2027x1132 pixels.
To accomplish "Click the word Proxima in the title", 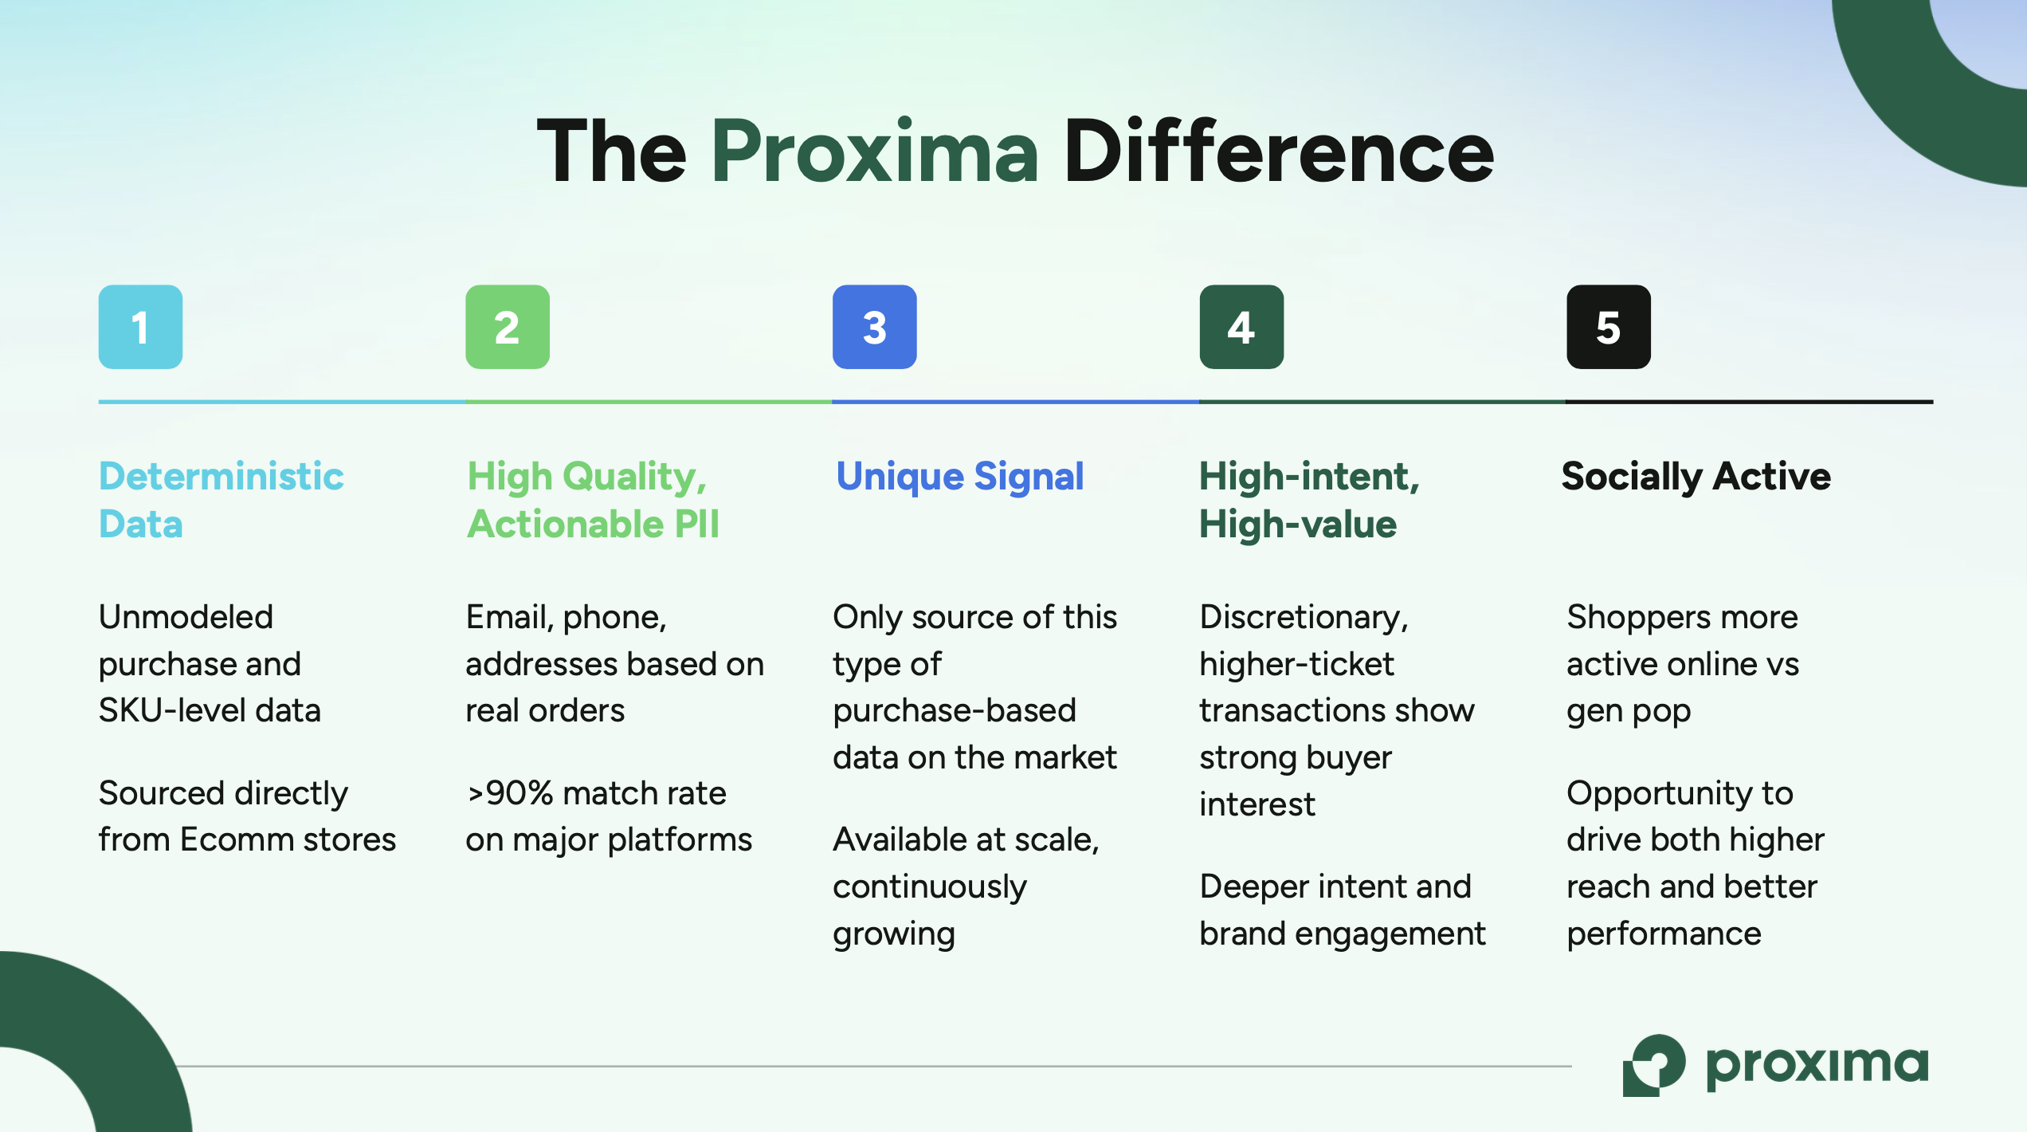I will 874,151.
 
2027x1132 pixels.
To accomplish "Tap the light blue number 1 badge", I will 140,327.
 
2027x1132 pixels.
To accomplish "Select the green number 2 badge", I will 508,327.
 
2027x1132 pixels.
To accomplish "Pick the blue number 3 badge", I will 874,327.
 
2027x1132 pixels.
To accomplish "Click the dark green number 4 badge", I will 1241,327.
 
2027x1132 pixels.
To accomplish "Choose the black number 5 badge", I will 1608,327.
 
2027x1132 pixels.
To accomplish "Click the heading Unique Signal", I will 959,477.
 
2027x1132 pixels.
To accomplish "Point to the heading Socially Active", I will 1696,477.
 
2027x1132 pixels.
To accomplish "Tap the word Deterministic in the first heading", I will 221,477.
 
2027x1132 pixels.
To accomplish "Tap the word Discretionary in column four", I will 1303,618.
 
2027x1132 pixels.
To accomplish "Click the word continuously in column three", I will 929,887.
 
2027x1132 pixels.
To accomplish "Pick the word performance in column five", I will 1664,934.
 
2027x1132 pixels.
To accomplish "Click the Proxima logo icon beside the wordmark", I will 1653,1065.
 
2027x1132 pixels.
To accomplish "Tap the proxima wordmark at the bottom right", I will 1816,1065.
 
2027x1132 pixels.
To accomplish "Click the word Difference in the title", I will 1278,151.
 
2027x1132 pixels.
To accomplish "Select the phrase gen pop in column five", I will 1628,711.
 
